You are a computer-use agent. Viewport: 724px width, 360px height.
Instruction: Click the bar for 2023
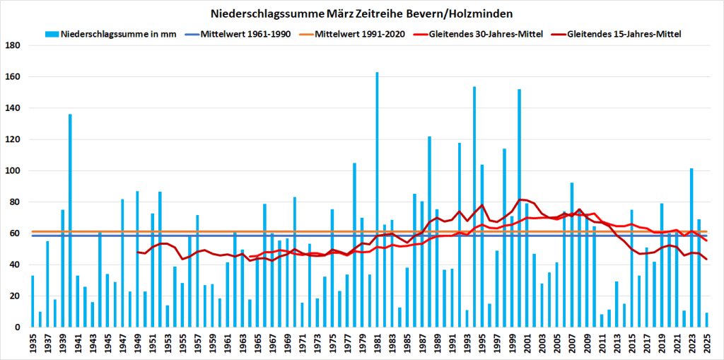691,248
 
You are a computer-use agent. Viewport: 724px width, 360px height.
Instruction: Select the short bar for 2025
706,320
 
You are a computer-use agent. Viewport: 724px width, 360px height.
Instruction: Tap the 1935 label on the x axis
33,343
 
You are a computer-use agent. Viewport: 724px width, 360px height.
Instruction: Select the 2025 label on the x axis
707,343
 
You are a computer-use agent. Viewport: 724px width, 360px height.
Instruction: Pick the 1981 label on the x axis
378,343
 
